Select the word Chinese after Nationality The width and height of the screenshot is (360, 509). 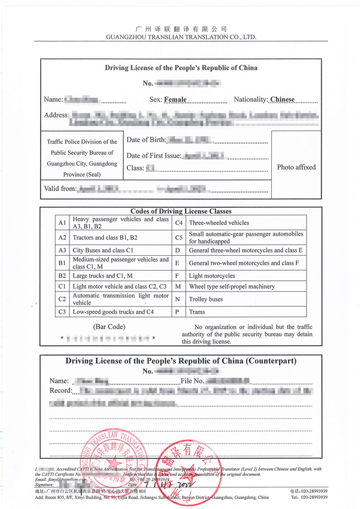pos(283,99)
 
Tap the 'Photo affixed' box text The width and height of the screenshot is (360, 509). pos(296,167)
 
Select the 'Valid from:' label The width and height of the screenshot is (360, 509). pos(61,188)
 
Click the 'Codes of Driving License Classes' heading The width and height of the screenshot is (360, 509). pos(181,211)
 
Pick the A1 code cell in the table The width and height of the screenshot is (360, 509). pos(62,223)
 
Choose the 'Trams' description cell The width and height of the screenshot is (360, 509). pos(197,312)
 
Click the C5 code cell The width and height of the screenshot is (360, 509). pos(178,236)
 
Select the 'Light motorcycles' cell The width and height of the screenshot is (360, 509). pos(212,276)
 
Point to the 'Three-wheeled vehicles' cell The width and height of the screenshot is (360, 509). pos(220,223)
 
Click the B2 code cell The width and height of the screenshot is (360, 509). pos(62,276)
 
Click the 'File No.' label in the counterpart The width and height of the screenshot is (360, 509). pos(192,381)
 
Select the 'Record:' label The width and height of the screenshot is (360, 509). pos(60,391)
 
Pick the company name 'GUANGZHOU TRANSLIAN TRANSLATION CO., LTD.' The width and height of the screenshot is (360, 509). pos(181,37)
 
